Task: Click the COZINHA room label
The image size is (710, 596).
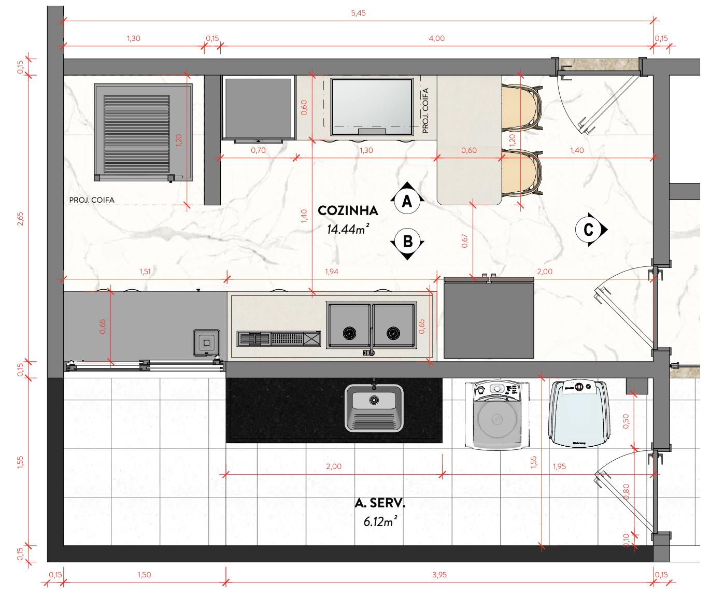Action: click(x=348, y=211)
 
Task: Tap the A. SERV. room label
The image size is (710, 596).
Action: click(x=380, y=503)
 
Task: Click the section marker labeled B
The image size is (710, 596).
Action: click(x=407, y=242)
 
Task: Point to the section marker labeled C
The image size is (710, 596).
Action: click(x=589, y=229)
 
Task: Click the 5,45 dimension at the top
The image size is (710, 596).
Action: click(x=358, y=13)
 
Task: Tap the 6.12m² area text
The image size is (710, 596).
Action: click(x=380, y=522)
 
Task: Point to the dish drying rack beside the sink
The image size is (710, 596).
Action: click(x=279, y=338)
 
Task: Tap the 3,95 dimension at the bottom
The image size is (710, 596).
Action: click(x=438, y=574)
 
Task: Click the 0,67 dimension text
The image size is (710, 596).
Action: click(x=465, y=241)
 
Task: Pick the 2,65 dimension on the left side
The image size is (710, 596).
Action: click(x=20, y=219)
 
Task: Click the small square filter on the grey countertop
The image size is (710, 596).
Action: click(x=206, y=343)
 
